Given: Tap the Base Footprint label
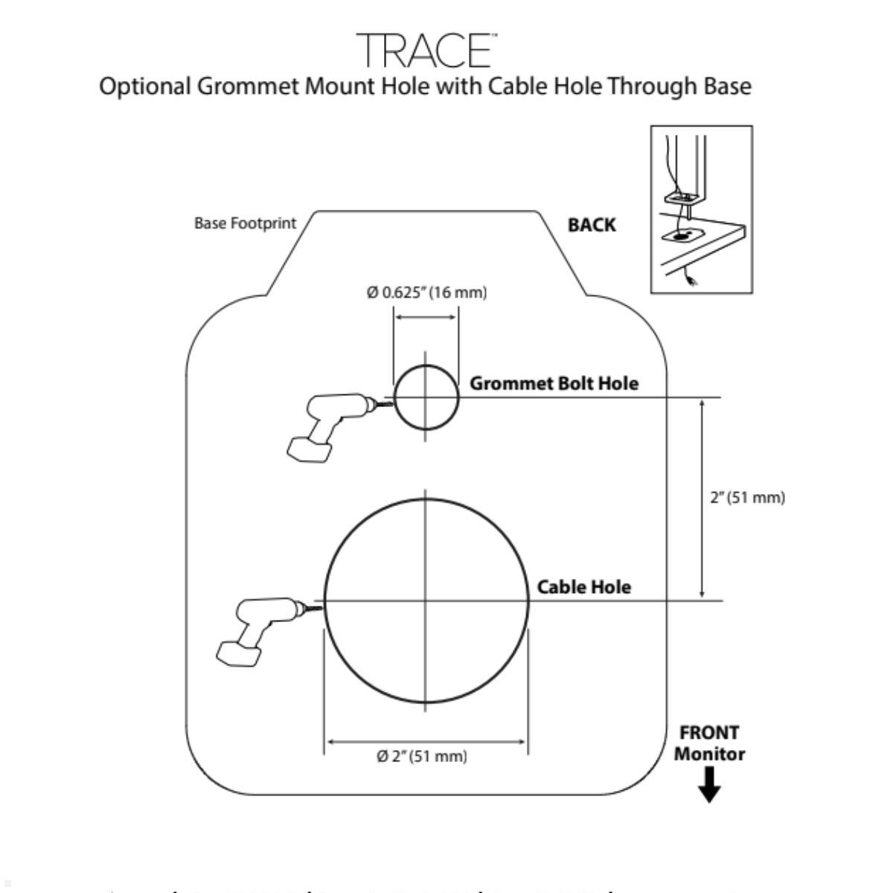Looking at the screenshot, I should [245, 223].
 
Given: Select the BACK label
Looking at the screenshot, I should [592, 225].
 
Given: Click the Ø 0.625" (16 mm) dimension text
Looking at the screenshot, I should [426, 293].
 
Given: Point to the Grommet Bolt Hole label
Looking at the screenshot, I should [554, 383].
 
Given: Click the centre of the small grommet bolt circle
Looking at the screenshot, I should [426, 397].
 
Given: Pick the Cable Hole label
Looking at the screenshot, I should [584, 587].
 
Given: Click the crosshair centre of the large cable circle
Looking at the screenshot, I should [426, 601].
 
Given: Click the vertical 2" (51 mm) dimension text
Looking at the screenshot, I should [747, 497].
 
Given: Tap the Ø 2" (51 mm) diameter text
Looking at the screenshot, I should [422, 757].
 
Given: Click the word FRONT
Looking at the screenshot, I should [710, 733].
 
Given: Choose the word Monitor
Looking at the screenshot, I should [710, 754].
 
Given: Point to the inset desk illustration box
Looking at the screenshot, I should [701, 210].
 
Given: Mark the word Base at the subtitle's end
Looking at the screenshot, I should [722, 87].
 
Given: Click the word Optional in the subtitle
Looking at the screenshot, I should [145, 87].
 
